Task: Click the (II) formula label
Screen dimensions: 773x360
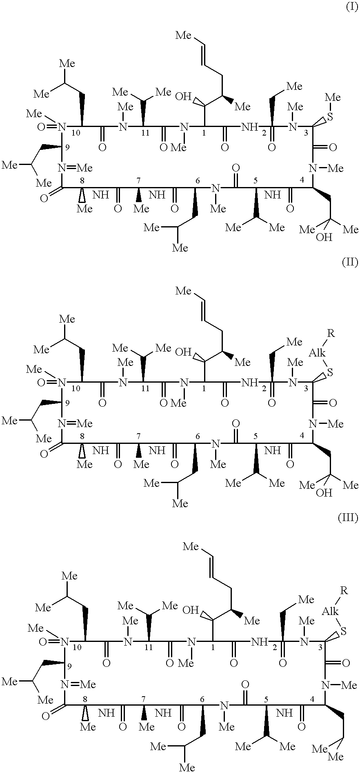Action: (350, 262)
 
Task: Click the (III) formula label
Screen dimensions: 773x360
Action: (348, 518)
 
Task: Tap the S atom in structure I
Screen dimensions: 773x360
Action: (330, 117)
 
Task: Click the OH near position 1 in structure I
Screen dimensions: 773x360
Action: (183, 96)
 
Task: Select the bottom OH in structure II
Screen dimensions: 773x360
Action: (324, 493)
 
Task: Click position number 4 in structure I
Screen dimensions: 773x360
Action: (302, 180)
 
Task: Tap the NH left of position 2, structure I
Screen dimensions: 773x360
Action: (249, 127)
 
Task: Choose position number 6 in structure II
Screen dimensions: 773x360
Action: (198, 436)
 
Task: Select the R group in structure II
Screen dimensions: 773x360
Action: (331, 334)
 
